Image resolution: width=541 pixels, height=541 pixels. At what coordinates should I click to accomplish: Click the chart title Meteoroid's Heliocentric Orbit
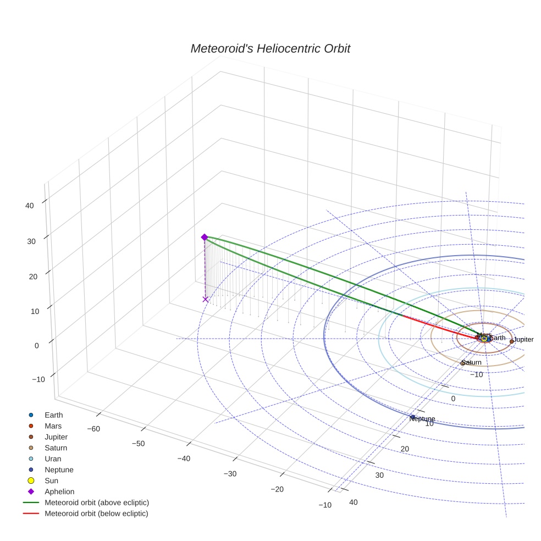(270, 49)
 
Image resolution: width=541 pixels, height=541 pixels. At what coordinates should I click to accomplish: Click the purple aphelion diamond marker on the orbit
(205, 237)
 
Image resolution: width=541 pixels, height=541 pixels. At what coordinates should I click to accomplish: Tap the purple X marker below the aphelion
(206, 299)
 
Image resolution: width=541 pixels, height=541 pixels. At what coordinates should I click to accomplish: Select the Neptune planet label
(422, 419)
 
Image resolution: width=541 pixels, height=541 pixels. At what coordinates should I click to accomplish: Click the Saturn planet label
(471, 363)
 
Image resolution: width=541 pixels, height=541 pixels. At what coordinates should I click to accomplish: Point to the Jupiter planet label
(523, 340)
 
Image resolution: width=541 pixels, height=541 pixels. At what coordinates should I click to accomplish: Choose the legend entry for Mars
(53, 426)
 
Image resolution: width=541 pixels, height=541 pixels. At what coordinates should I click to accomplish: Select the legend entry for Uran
(53, 459)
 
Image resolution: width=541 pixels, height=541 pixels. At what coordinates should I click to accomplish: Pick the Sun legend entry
(51, 481)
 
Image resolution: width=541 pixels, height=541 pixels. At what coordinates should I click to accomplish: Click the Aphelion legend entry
(59, 492)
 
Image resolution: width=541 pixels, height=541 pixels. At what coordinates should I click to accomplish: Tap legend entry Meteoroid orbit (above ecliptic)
(97, 503)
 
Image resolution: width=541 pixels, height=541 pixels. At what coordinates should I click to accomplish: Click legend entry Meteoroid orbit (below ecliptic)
(96, 514)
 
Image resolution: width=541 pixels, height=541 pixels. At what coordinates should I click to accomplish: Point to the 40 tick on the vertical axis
(29, 206)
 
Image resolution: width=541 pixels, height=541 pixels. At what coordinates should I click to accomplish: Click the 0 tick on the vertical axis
(36, 345)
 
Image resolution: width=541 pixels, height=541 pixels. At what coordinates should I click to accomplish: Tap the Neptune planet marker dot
(412, 417)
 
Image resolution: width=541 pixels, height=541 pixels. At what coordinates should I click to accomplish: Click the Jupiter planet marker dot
(511, 341)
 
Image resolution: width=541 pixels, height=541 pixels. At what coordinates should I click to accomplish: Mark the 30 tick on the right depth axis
(379, 475)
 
